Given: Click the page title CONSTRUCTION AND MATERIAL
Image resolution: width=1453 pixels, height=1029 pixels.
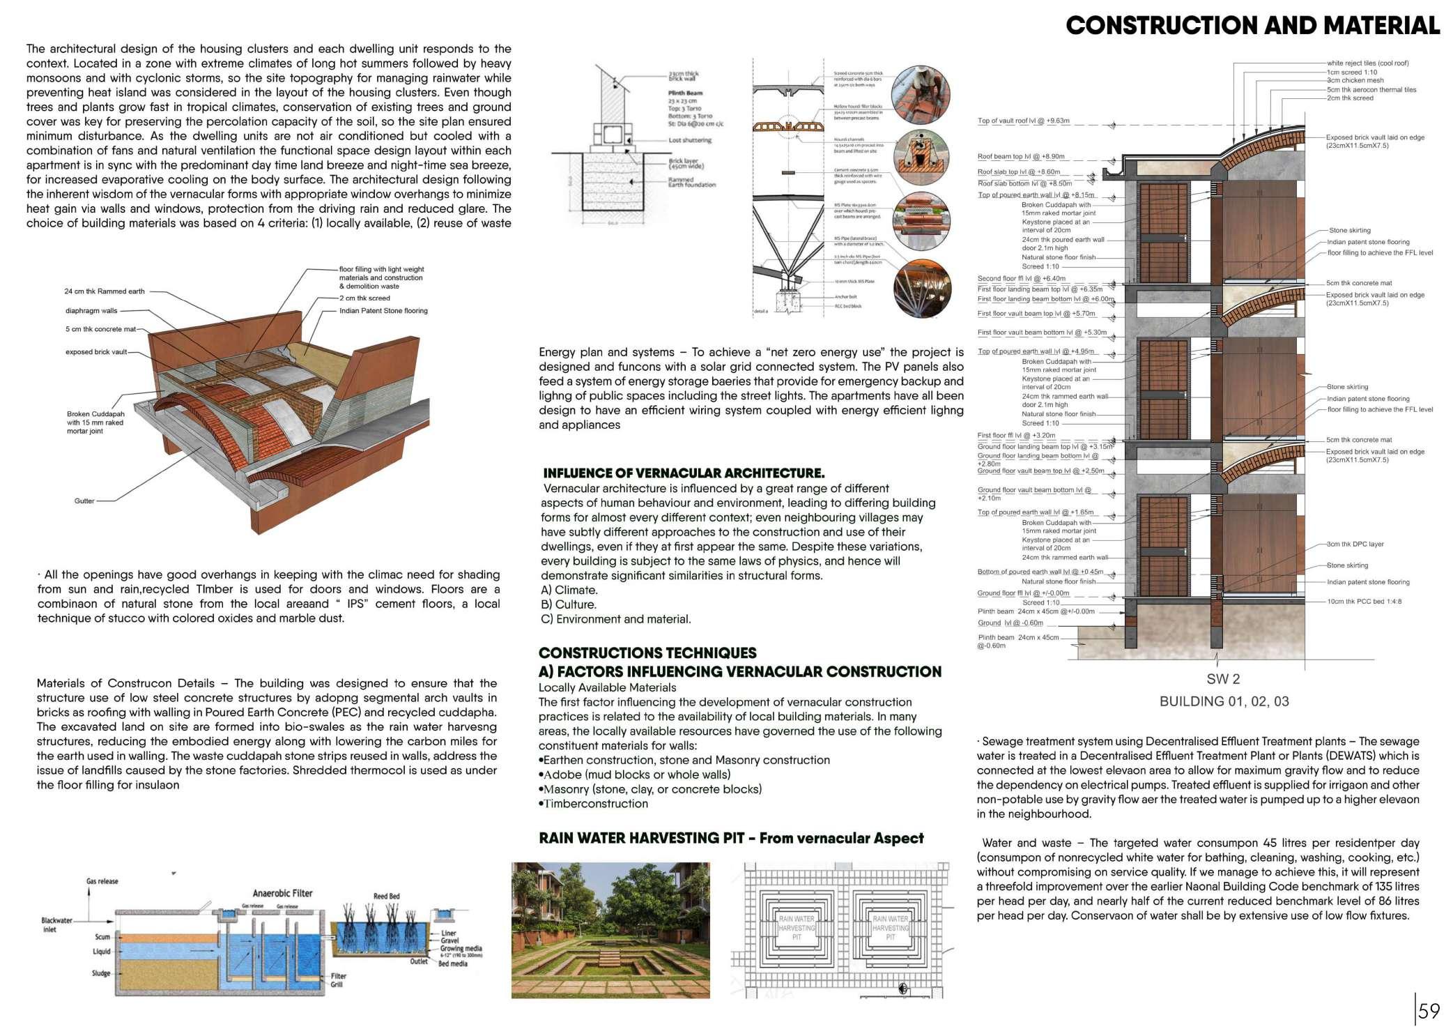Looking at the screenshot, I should [x=1252, y=26].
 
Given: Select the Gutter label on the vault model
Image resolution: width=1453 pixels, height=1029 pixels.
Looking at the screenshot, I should [x=84, y=501].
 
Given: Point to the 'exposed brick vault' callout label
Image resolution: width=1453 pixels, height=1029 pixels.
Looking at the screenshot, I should [x=96, y=352].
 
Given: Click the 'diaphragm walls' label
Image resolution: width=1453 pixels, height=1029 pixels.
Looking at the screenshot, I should [x=91, y=311].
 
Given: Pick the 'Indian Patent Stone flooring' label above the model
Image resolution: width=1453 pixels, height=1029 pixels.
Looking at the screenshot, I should [x=383, y=311].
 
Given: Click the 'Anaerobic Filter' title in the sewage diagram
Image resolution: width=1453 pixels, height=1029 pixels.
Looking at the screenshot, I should [x=282, y=893].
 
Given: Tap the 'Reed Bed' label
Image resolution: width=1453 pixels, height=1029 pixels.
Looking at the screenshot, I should [x=386, y=896].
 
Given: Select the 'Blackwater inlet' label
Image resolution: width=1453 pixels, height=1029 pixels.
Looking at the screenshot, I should [x=56, y=924].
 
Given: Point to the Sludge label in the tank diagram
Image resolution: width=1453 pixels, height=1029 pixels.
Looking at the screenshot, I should [x=101, y=973].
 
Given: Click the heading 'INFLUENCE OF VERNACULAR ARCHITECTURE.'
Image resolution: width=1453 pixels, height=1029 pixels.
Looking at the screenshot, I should [x=684, y=473].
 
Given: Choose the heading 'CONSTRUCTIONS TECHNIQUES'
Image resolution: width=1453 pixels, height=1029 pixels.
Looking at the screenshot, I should [x=647, y=653].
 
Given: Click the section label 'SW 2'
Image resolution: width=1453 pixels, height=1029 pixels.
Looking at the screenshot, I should [x=1223, y=679].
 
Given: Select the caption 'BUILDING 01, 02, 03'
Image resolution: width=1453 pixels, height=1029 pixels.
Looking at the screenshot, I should [x=1224, y=701].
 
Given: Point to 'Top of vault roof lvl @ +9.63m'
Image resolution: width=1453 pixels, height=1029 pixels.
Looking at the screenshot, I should [x=1023, y=121].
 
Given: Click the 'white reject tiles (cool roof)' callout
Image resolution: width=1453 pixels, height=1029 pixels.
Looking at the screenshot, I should [x=1367, y=63].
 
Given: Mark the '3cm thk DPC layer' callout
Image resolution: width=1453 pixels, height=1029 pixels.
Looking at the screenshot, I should [x=1355, y=544].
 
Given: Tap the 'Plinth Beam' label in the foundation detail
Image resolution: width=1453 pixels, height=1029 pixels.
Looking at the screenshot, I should [x=685, y=93].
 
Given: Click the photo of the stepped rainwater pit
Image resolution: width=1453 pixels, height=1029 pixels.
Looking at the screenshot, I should [x=610, y=930].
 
